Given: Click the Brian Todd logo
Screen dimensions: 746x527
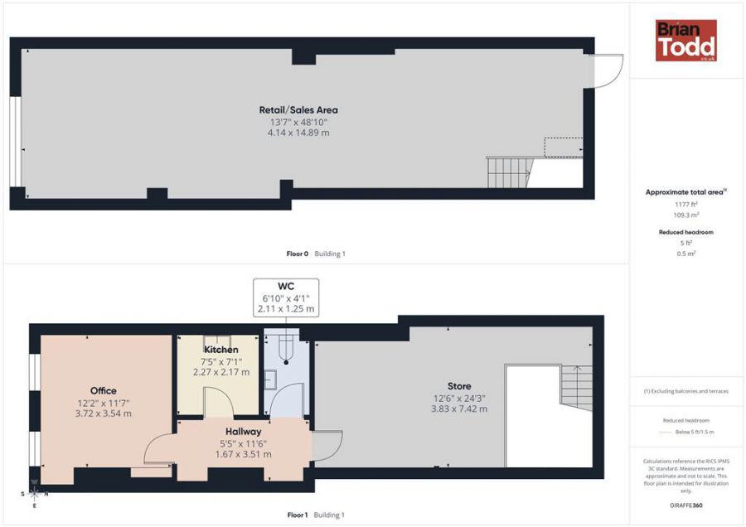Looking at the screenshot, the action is point(686,41).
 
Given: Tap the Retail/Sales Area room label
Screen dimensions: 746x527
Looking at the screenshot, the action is point(298,110).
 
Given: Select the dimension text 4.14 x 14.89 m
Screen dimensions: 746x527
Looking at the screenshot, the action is point(298,133).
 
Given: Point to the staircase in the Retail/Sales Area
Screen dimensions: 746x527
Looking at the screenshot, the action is point(509,172).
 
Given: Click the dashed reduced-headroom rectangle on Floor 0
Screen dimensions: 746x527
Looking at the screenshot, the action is point(564,147).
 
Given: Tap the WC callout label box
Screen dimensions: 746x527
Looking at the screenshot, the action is point(286,297).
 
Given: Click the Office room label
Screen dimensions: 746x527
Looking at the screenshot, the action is point(104,391).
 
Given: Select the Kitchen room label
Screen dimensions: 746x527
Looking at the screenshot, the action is point(221,350).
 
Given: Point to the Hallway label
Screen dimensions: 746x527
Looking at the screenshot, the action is point(243,432).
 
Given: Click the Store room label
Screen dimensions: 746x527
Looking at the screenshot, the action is point(459,386).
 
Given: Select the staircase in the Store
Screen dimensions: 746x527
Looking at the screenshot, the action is point(577,388).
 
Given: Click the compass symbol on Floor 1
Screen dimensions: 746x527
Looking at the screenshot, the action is point(34,493).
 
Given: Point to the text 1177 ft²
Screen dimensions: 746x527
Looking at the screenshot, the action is point(686,205).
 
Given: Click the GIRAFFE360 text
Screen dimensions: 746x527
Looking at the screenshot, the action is point(686,505).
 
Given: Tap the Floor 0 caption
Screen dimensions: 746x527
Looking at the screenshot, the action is point(298,254).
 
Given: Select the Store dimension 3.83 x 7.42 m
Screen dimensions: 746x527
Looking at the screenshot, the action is point(459,409).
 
